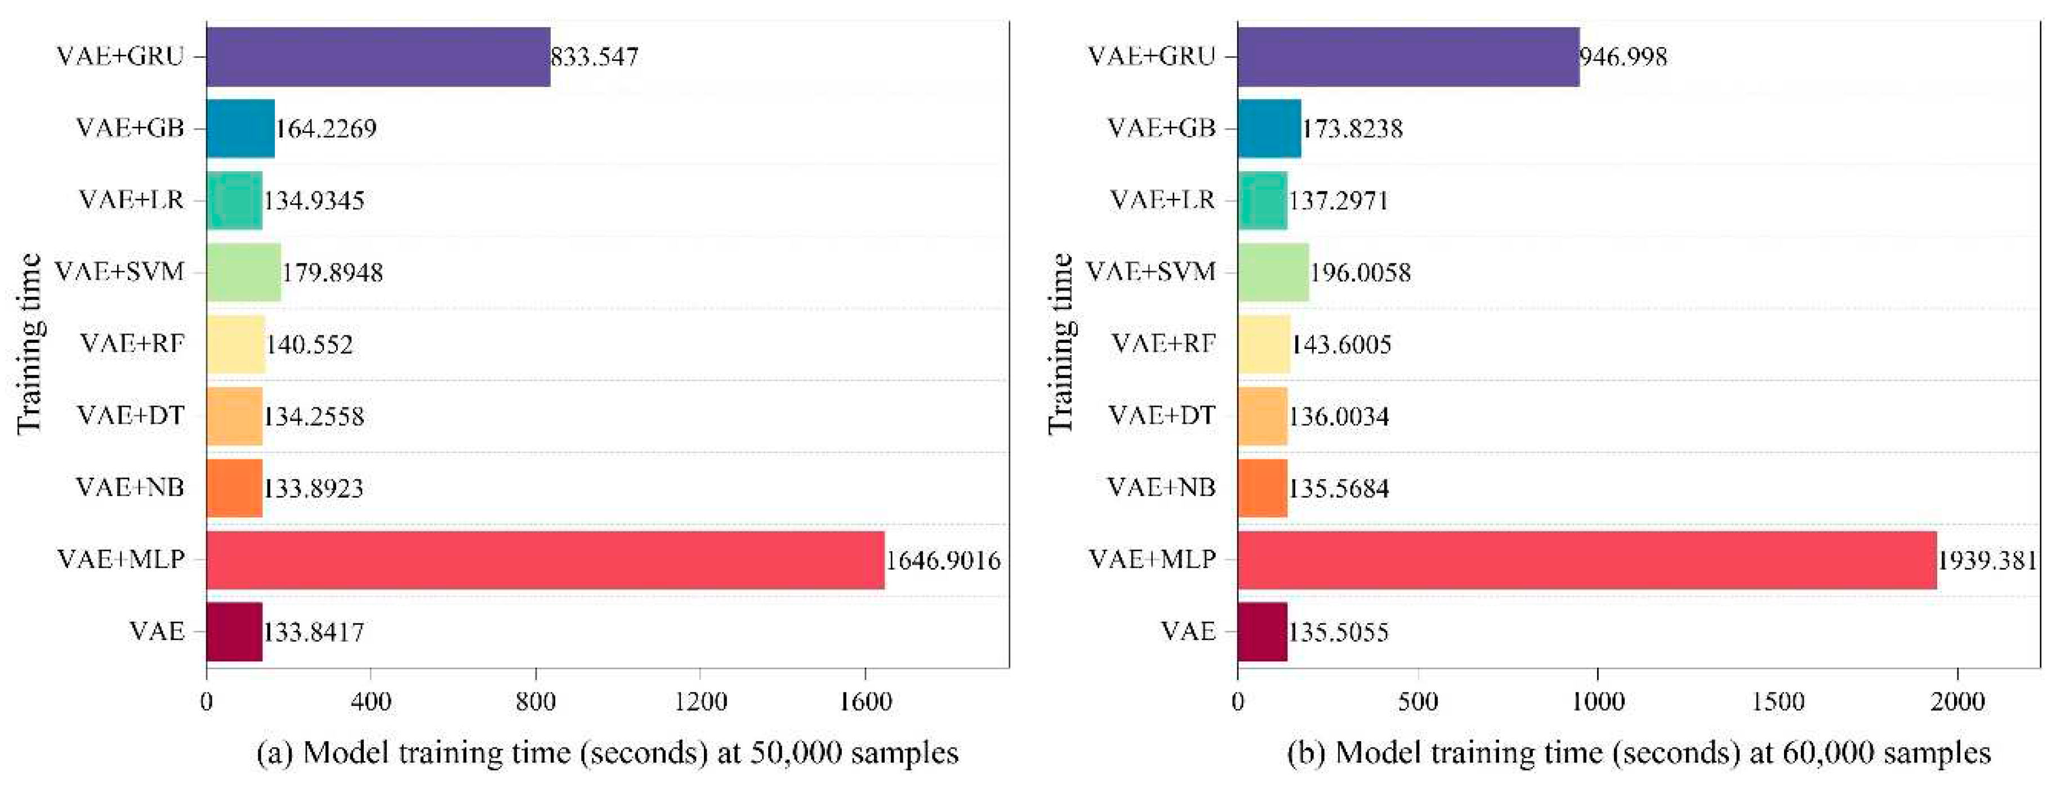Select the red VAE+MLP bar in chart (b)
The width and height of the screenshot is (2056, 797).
click(1587, 560)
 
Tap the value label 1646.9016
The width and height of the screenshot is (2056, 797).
click(943, 561)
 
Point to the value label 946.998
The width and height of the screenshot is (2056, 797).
click(1624, 57)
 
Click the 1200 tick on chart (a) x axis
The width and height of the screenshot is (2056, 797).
click(700, 702)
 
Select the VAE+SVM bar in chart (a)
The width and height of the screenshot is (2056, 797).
click(243, 272)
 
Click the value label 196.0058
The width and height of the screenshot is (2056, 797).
click(1360, 273)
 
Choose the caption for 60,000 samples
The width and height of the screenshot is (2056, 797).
click(1639, 753)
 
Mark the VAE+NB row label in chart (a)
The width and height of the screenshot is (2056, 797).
click(130, 487)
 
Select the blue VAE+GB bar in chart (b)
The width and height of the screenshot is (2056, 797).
click(1269, 128)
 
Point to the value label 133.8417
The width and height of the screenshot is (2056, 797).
click(314, 633)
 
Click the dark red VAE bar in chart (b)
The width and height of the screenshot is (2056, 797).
click(1262, 632)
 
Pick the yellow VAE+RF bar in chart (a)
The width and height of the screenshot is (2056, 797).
click(235, 344)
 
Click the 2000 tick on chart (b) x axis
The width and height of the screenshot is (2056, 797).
click(1958, 702)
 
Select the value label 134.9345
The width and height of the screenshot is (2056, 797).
click(314, 200)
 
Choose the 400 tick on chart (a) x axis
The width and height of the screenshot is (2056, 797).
click(371, 702)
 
